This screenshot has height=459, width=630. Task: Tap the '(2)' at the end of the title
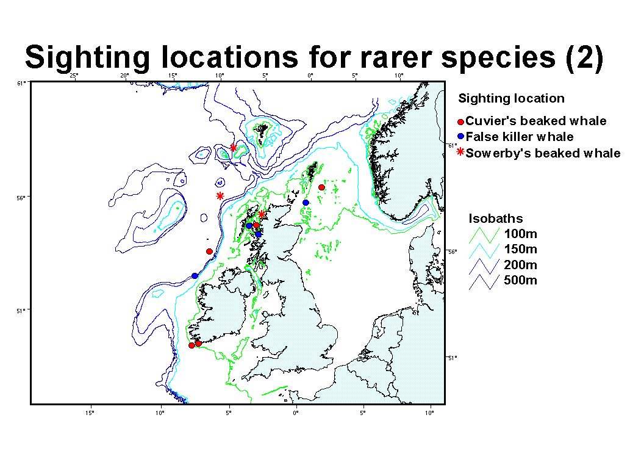click(584, 57)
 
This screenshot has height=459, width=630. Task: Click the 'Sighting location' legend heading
click(511, 98)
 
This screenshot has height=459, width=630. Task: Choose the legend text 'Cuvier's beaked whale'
click(536, 121)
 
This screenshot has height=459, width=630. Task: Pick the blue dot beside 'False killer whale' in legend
click(461, 137)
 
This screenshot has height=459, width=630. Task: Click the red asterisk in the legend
click(461, 152)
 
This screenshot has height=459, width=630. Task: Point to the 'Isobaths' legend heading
click(496, 219)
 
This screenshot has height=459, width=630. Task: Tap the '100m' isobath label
click(520, 234)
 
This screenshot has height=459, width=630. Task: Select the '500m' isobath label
click(520, 280)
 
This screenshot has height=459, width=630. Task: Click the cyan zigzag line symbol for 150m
click(484, 251)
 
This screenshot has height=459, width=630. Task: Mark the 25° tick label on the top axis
click(74, 76)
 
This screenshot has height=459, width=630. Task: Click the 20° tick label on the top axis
click(124, 76)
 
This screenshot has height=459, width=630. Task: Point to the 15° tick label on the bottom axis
click(90, 413)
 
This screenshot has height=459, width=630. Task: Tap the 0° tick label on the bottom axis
click(296, 413)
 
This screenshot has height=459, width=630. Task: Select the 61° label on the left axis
click(22, 83)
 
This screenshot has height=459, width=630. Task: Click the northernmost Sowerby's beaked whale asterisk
click(233, 148)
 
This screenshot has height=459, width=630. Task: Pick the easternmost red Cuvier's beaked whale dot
click(321, 187)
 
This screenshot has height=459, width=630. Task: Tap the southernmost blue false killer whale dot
click(195, 275)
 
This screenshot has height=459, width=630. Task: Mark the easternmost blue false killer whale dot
click(306, 203)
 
